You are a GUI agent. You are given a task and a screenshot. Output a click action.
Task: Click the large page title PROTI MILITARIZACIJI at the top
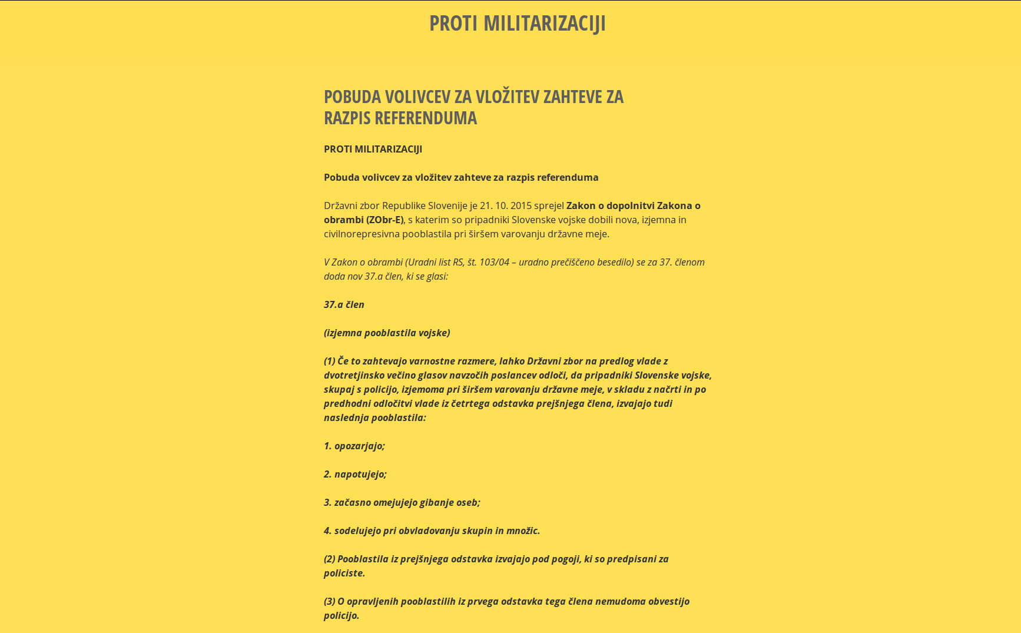point(517,24)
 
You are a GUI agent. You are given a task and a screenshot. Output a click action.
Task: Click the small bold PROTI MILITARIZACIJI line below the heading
point(373,149)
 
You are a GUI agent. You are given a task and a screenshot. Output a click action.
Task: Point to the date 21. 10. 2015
point(505,206)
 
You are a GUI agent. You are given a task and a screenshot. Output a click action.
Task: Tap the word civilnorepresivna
point(362,234)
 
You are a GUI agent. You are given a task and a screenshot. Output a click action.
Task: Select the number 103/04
point(494,262)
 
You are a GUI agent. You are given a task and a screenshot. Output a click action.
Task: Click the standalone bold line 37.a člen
point(344,304)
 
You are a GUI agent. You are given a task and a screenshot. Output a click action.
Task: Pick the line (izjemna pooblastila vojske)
point(387,333)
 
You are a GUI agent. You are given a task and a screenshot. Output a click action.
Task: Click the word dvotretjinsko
point(353,375)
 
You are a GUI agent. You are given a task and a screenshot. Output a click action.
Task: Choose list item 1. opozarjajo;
point(354,446)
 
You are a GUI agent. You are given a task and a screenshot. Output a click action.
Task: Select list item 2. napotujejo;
point(355,474)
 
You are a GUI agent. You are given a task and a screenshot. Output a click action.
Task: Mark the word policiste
point(344,573)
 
